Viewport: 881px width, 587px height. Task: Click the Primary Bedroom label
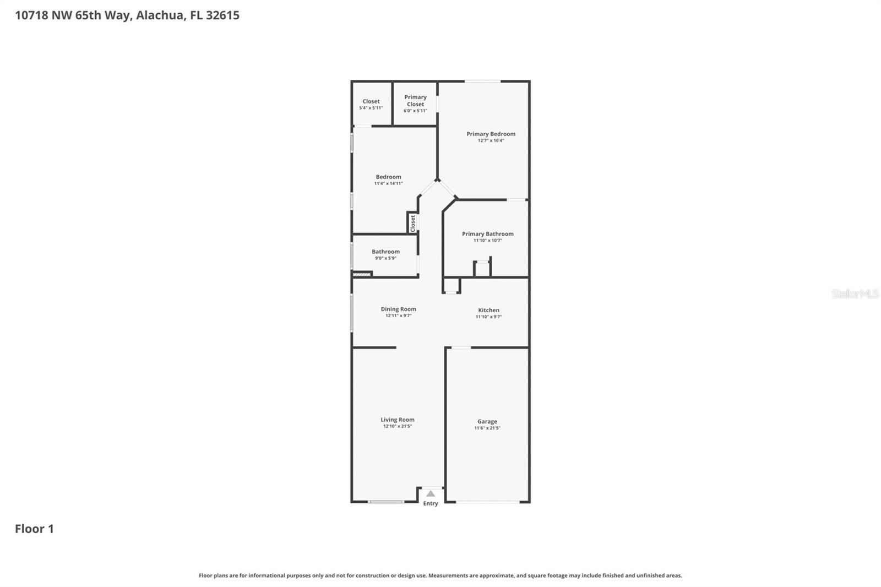click(491, 134)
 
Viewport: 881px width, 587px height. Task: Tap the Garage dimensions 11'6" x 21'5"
click(487, 428)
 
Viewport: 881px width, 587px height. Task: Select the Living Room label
click(398, 420)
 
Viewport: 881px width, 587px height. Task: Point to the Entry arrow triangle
click(431, 494)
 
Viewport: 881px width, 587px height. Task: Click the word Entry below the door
click(431, 503)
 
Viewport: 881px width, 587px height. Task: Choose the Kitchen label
click(488, 310)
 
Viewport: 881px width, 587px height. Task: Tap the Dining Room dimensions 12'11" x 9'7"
click(398, 316)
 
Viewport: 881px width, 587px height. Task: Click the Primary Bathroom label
click(487, 234)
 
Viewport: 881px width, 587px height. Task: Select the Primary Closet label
click(415, 100)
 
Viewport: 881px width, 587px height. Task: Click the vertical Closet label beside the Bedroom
click(412, 223)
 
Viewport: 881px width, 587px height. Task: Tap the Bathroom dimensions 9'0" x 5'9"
click(385, 258)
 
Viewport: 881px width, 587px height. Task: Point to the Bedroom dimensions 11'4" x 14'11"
click(388, 183)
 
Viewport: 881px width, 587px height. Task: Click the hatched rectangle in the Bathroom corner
click(362, 274)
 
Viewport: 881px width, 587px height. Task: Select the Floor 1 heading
click(34, 529)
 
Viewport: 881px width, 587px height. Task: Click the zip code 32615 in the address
click(222, 15)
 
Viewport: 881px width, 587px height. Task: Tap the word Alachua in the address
click(160, 15)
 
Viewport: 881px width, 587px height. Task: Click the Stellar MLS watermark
click(855, 294)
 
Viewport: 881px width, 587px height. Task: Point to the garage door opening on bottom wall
click(487, 502)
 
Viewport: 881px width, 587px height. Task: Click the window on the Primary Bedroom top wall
click(482, 81)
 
